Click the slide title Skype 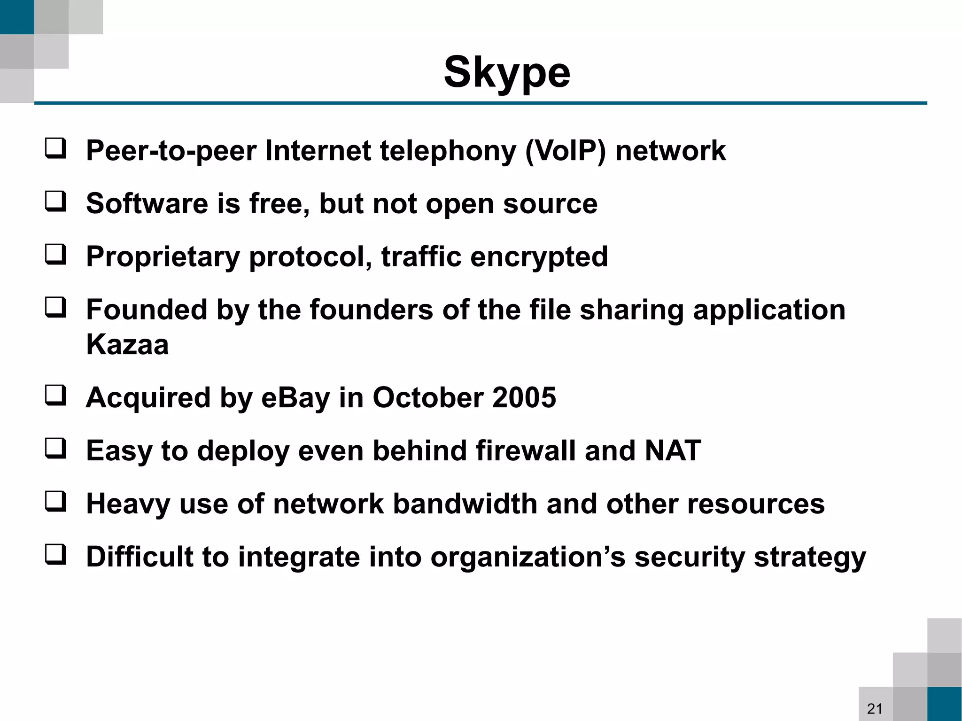click(x=507, y=73)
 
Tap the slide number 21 click(x=875, y=708)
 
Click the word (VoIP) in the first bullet click(x=566, y=151)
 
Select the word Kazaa click(x=127, y=344)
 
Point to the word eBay click(x=295, y=398)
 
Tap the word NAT click(x=673, y=451)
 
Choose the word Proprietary click(x=163, y=257)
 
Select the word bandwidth click(x=465, y=504)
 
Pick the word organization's click(x=528, y=558)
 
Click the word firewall click(x=526, y=451)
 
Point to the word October click(x=427, y=398)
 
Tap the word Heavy click(x=128, y=504)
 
